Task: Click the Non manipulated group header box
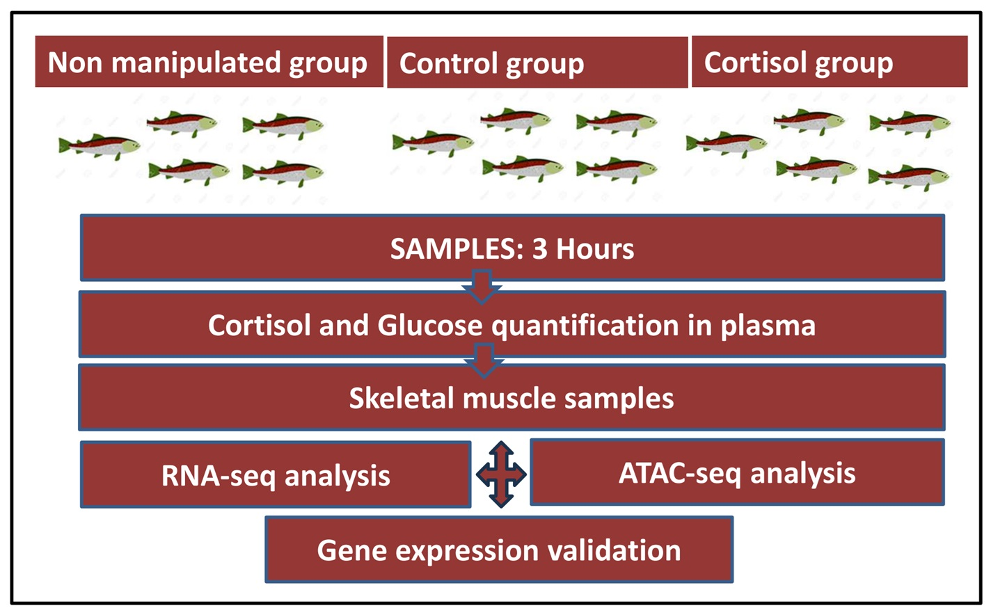209,61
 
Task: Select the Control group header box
537,63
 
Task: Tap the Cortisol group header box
830,61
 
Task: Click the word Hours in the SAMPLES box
595,249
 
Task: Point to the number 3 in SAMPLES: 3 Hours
539,249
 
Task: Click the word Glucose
429,326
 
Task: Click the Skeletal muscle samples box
512,397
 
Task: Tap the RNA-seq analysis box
276,474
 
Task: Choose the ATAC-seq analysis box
738,472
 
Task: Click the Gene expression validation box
499,550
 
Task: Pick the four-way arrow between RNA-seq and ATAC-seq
501,474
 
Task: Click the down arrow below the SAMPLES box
482,287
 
